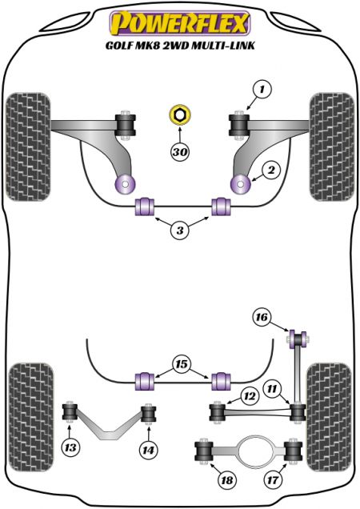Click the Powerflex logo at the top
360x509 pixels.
click(x=180, y=23)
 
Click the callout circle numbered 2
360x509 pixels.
click(x=270, y=170)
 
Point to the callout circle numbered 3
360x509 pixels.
click(x=180, y=230)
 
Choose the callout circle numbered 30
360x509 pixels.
click(x=180, y=151)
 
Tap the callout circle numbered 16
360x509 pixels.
click(x=262, y=316)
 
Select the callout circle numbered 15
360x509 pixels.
click(x=182, y=364)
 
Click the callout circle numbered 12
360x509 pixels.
click(x=250, y=395)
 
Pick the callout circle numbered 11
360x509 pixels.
click(x=272, y=388)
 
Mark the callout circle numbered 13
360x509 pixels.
click(x=70, y=447)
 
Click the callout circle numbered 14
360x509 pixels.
click(x=148, y=450)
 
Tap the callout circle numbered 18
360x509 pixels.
click(x=227, y=479)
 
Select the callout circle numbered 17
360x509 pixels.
click(x=273, y=479)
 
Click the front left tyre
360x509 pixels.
click(x=28, y=146)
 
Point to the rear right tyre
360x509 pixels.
click(x=329, y=417)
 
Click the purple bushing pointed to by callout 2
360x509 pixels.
click(x=240, y=184)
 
